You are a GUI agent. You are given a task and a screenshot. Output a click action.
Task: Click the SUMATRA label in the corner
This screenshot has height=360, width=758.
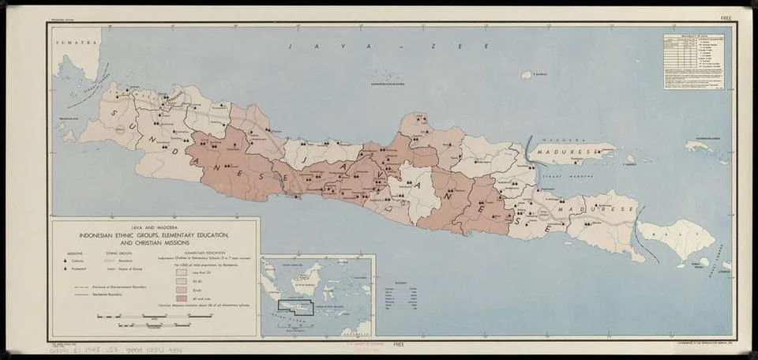[x=69, y=38]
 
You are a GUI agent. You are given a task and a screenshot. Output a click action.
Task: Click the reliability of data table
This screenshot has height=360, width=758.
[x=692, y=61]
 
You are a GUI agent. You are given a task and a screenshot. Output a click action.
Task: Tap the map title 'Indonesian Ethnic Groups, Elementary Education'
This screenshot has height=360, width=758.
[x=153, y=236]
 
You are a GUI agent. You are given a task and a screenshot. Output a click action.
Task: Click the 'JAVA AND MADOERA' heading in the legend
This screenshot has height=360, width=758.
[x=153, y=227]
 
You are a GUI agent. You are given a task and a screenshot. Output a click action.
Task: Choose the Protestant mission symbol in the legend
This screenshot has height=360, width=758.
[x=66, y=268]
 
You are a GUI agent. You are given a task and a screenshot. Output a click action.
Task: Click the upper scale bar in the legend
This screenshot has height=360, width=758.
[x=154, y=316]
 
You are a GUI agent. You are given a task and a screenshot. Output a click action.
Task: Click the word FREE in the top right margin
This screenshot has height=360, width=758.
[x=726, y=17]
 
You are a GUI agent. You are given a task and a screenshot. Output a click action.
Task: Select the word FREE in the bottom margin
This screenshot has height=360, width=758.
[x=399, y=344]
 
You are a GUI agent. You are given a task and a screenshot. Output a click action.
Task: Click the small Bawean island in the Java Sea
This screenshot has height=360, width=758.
[x=527, y=75]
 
